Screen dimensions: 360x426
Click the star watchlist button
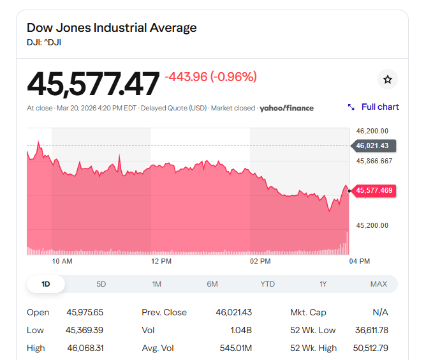[x=387, y=79]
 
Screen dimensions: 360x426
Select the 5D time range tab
[x=101, y=284]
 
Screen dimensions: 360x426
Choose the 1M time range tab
[x=157, y=284]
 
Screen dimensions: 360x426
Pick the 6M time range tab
[x=212, y=284]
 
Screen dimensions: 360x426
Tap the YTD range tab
[x=268, y=284]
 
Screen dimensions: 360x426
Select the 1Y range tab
[x=323, y=284]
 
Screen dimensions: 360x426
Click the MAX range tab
[x=378, y=284]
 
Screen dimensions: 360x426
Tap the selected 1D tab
[x=46, y=284]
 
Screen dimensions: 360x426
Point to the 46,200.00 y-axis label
[x=372, y=131]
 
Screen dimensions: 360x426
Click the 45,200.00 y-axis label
[x=372, y=225]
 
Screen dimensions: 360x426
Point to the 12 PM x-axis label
[x=161, y=261]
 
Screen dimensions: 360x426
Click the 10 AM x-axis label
[x=62, y=261]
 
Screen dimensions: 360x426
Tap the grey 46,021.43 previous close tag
[x=374, y=146]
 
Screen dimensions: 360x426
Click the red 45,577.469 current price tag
[x=374, y=190]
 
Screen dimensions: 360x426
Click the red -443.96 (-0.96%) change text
[x=210, y=77]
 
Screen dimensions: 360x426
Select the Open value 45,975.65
[x=85, y=312]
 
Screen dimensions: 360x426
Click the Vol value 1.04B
[x=241, y=330]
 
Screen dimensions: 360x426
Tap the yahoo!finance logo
[x=286, y=108]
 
